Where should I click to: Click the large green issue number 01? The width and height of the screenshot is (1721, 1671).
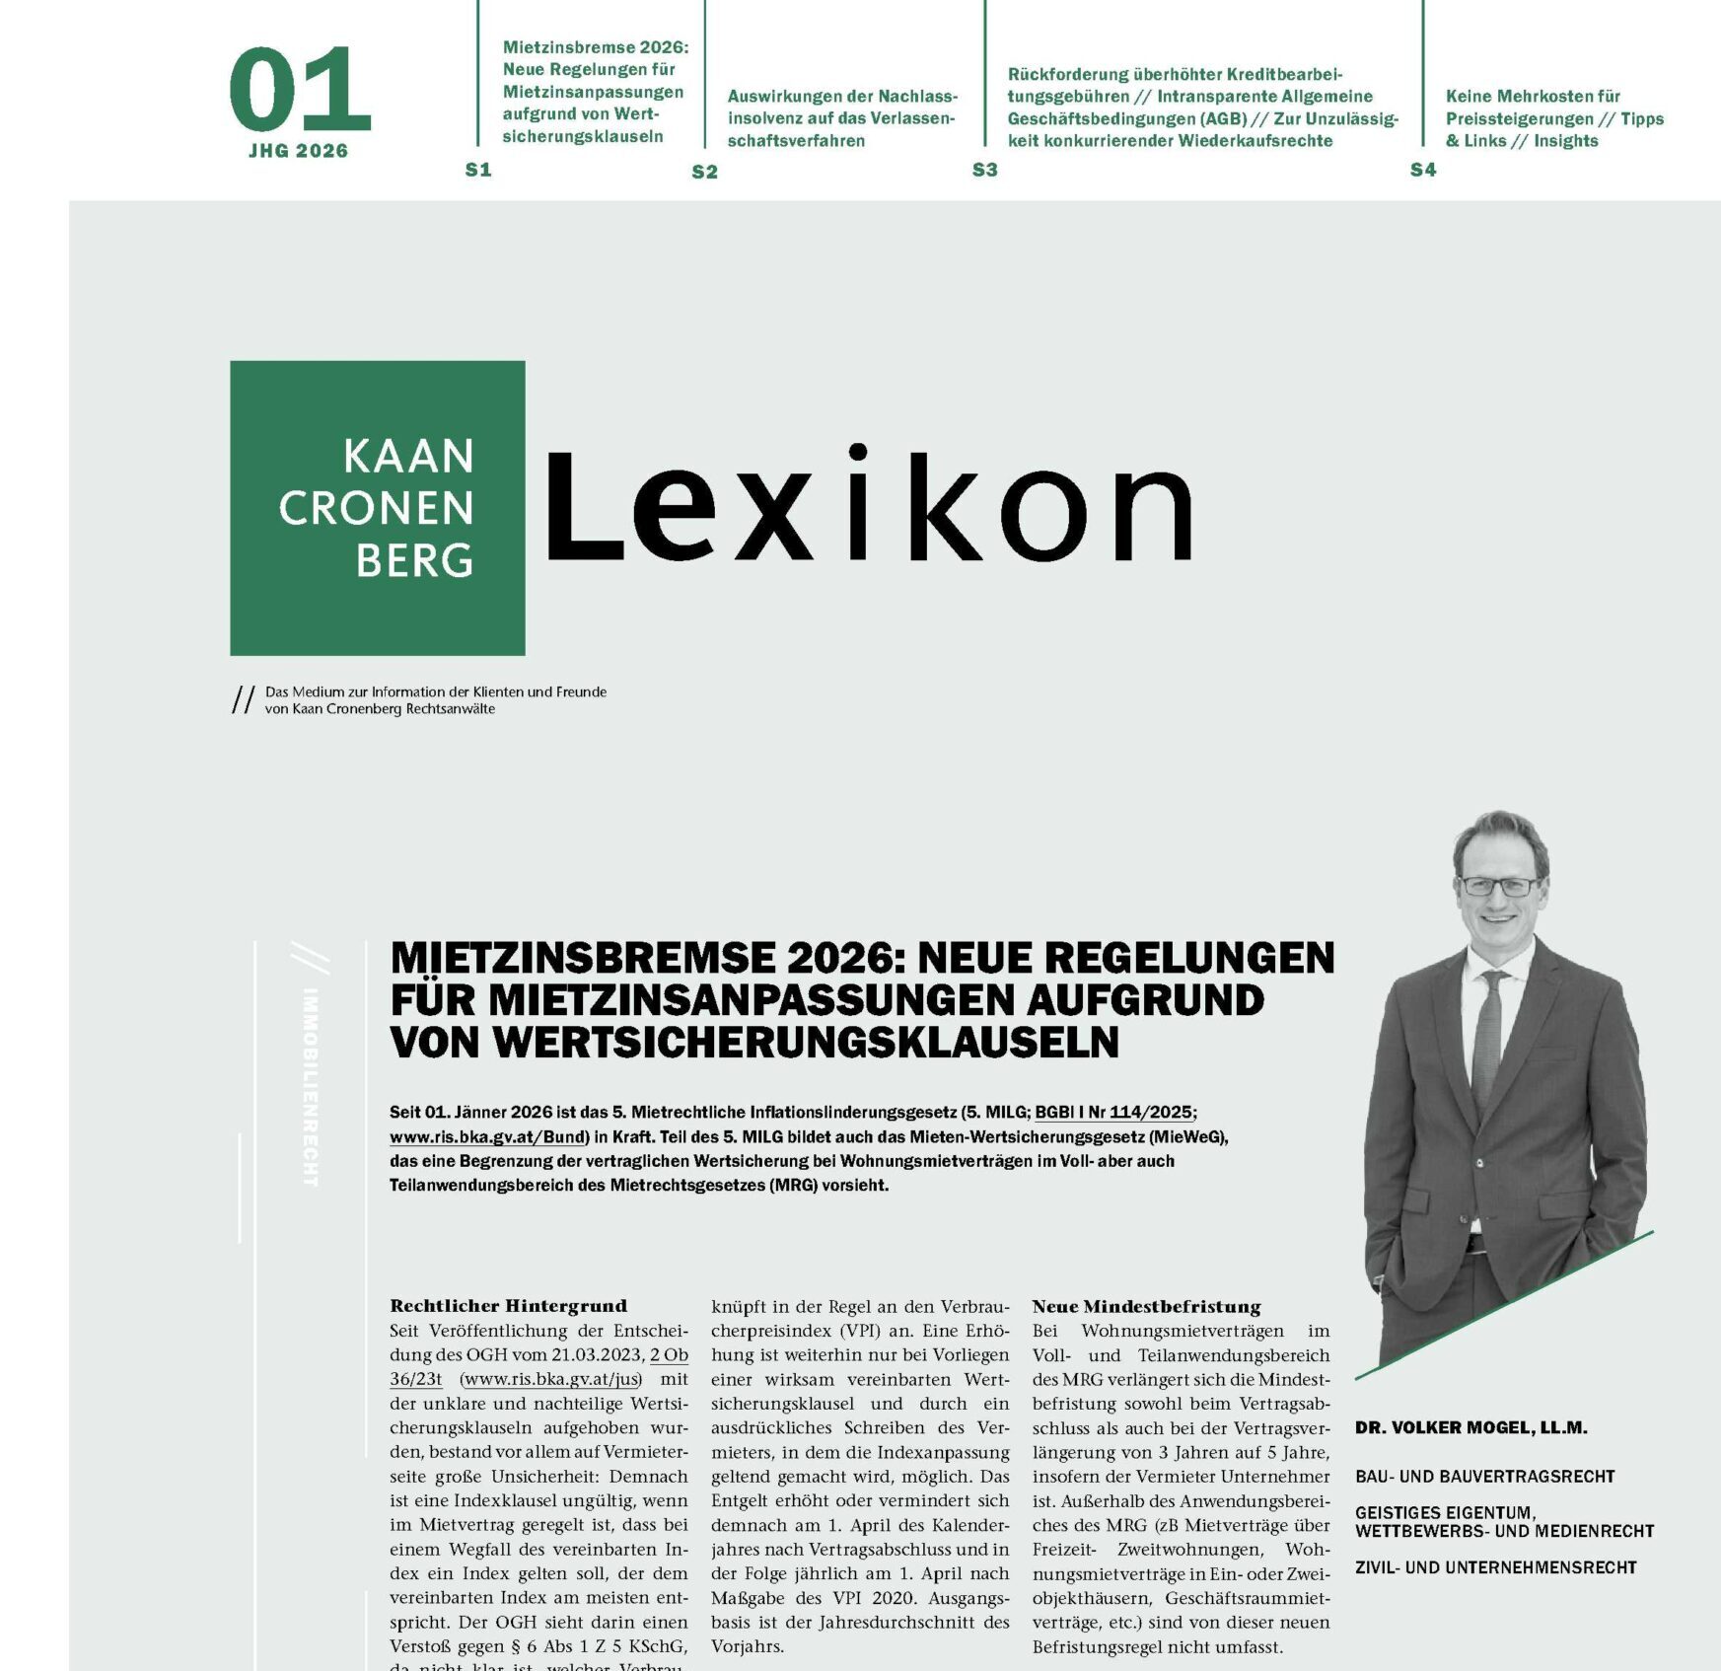(299, 91)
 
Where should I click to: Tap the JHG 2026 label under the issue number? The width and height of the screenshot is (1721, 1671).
(298, 151)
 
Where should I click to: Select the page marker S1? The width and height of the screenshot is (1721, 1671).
(478, 170)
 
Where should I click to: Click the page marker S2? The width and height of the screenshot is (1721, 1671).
(704, 172)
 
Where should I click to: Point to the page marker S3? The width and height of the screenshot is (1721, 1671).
(984, 170)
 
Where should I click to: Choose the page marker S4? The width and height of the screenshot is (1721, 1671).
(1422, 170)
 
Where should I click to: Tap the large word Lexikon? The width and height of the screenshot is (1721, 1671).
(868, 506)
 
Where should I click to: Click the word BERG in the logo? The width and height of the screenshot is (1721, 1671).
(414, 560)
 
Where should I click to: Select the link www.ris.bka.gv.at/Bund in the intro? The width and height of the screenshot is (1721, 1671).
(488, 1137)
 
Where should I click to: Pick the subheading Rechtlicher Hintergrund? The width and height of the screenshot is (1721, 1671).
(508, 1306)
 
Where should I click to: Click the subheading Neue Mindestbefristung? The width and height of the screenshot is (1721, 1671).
(1146, 1306)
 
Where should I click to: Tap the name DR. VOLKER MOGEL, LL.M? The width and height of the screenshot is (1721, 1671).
(1470, 1427)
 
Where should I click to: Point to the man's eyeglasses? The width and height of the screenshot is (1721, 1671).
(1498, 886)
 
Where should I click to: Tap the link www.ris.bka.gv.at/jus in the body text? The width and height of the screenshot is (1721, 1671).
(551, 1379)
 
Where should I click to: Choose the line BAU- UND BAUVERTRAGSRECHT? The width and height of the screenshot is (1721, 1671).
(1484, 1477)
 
